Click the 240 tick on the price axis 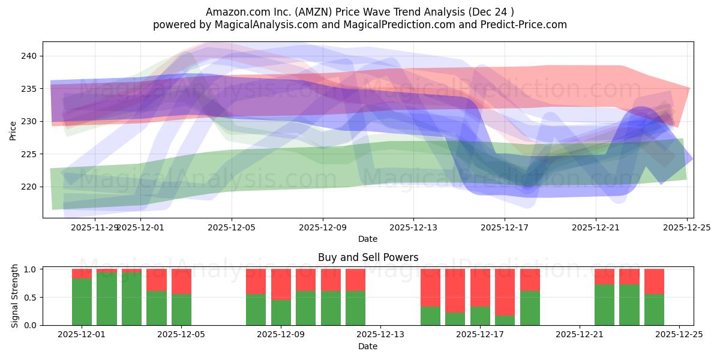click(29, 56)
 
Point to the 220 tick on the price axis click(29, 187)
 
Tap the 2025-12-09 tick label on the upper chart click(322, 227)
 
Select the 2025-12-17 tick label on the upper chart click(504, 227)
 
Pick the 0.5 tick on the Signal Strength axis click(29, 297)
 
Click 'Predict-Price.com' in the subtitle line click(517, 25)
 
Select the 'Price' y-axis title click(13, 130)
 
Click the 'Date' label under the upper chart click(368, 239)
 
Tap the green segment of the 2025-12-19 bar click(530, 308)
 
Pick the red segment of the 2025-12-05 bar click(181, 281)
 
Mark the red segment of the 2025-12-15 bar click(430, 287)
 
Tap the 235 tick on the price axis click(29, 89)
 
